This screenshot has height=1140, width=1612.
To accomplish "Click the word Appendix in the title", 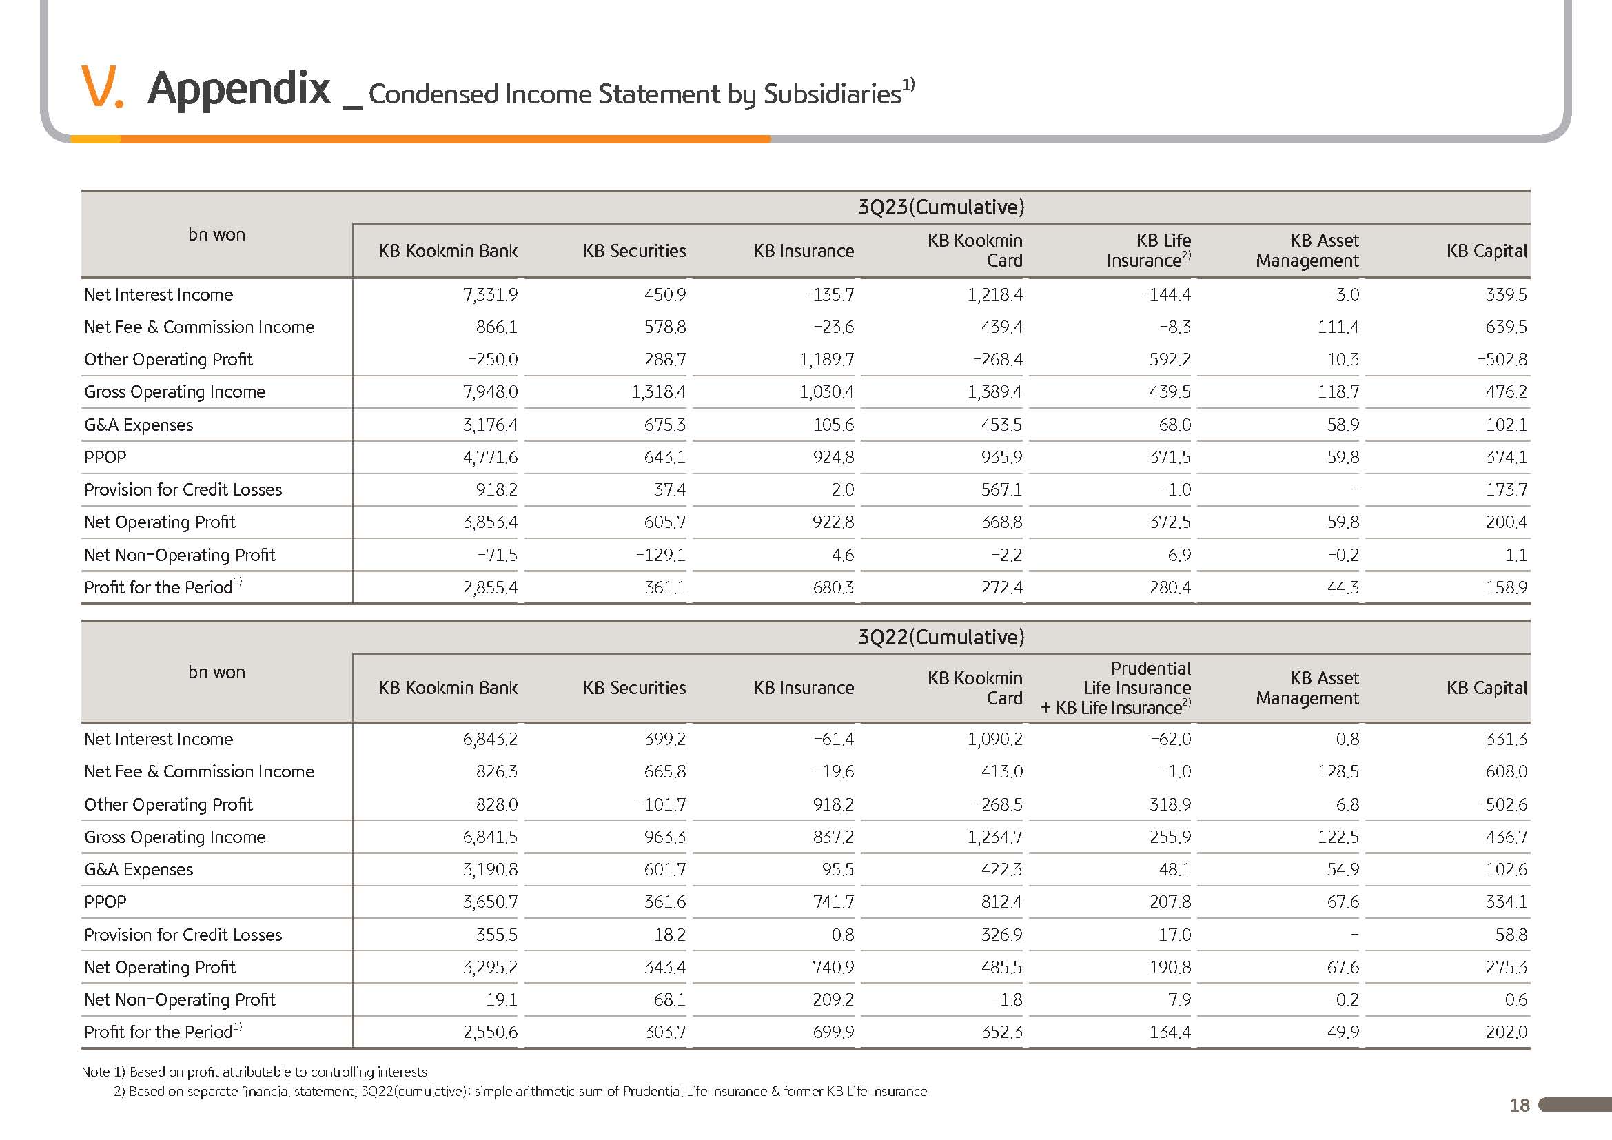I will tap(238, 89).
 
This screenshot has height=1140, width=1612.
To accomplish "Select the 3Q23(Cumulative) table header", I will tap(941, 207).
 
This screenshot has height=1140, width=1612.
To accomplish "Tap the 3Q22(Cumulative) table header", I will tap(941, 638).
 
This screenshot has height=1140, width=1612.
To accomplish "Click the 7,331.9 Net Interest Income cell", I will tap(490, 295).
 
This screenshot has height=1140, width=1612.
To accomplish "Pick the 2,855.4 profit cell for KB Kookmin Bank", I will tap(490, 587).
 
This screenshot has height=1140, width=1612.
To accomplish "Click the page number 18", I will tap(1520, 1106).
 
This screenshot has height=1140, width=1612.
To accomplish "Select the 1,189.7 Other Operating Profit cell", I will tap(826, 359).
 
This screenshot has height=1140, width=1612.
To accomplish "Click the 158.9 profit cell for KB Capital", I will tap(1506, 587).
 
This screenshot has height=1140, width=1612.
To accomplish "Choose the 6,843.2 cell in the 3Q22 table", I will tap(490, 739).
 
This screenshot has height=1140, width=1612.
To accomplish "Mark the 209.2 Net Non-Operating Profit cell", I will tap(833, 999).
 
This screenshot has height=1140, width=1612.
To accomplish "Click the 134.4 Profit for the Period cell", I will tap(1170, 1032).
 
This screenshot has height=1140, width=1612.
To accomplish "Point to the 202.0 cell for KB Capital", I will tap(1506, 1032).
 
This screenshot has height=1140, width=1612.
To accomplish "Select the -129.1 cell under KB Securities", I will tap(661, 556).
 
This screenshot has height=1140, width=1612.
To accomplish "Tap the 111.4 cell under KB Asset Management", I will tap(1338, 327).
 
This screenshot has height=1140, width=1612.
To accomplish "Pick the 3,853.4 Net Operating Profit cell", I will tap(490, 522).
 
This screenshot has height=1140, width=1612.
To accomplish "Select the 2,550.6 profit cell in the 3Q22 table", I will tap(490, 1032).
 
